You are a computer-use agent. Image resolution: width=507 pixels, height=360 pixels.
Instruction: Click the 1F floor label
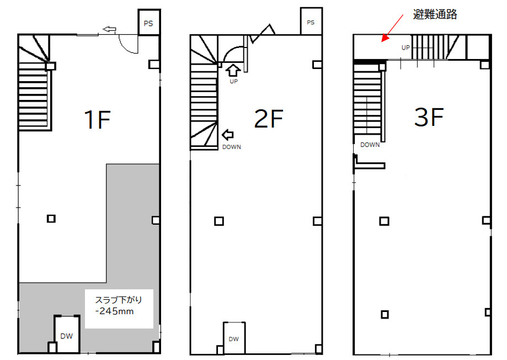click(x=97, y=119)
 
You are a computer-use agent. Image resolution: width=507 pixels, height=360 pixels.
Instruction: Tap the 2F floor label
click(x=269, y=119)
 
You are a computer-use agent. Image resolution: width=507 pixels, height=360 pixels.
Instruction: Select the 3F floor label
click(x=429, y=117)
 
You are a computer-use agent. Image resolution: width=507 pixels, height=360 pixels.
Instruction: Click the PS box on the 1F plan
click(x=149, y=22)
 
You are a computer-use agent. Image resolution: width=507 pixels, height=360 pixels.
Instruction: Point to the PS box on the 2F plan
click(x=311, y=22)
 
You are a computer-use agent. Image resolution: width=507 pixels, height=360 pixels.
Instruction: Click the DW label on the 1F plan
click(x=67, y=336)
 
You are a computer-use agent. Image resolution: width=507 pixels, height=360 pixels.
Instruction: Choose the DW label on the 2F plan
click(x=233, y=339)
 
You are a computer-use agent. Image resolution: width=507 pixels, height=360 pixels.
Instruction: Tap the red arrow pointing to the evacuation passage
click(x=392, y=28)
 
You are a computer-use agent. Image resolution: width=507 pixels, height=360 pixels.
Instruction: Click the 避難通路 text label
click(x=435, y=14)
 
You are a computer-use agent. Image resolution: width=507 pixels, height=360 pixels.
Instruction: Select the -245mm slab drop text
click(x=115, y=311)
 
